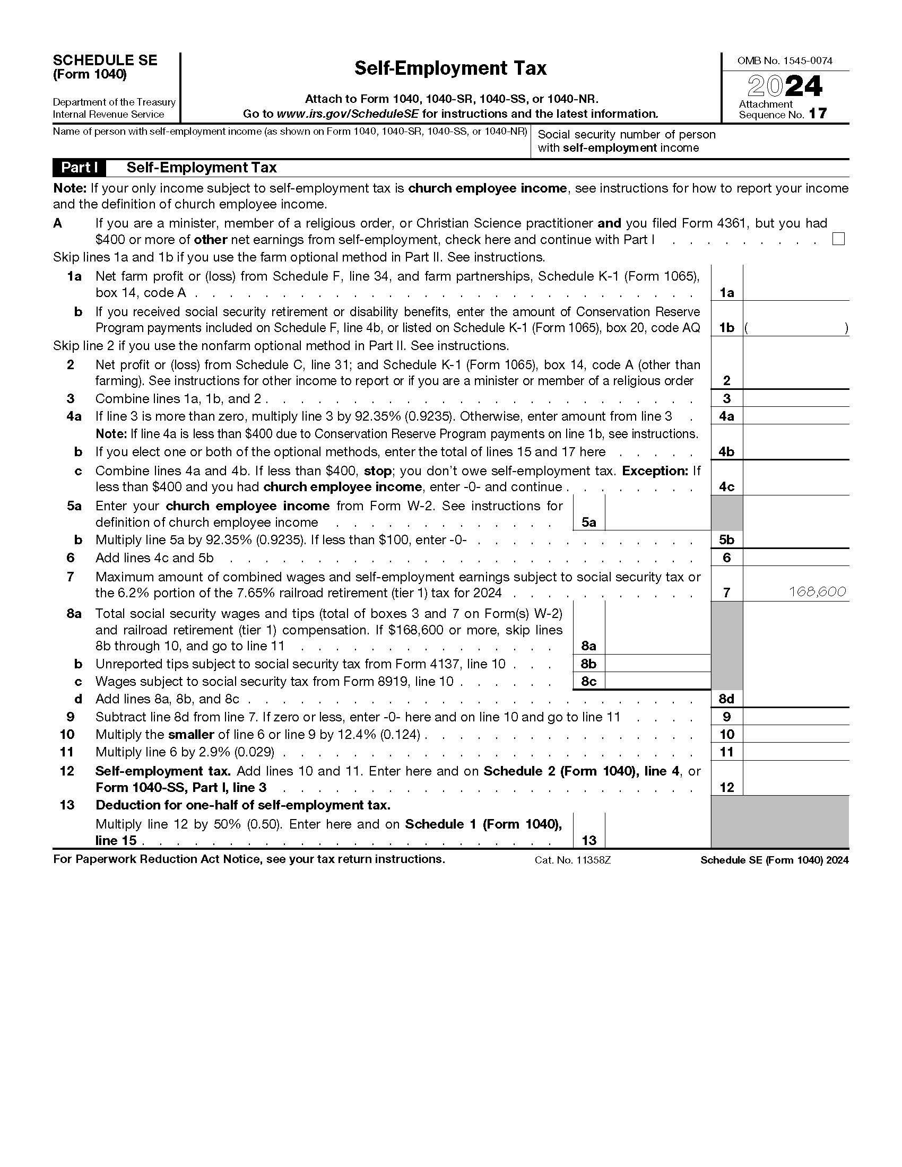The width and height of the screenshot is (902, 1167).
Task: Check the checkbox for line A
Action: tap(838, 239)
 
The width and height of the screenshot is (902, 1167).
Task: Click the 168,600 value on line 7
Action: tap(818, 591)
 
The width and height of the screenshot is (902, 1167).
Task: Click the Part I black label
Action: tap(79, 168)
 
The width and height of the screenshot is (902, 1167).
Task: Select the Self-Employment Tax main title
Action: tap(450, 68)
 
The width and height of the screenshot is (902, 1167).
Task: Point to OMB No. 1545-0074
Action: tap(784, 61)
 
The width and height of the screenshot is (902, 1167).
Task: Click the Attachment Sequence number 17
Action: tap(817, 114)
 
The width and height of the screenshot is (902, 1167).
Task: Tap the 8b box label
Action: tap(588, 664)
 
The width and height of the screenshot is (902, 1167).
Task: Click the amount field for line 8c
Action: tap(657, 681)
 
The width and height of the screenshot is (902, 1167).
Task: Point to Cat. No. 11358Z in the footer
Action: tap(573, 860)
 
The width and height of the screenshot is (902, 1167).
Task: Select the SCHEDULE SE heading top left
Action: tap(105, 60)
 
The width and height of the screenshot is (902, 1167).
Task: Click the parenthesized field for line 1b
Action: tap(795, 327)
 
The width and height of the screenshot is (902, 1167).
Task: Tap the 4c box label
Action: tap(726, 487)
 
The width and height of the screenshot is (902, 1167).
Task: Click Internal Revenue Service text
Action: tap(108, 115)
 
